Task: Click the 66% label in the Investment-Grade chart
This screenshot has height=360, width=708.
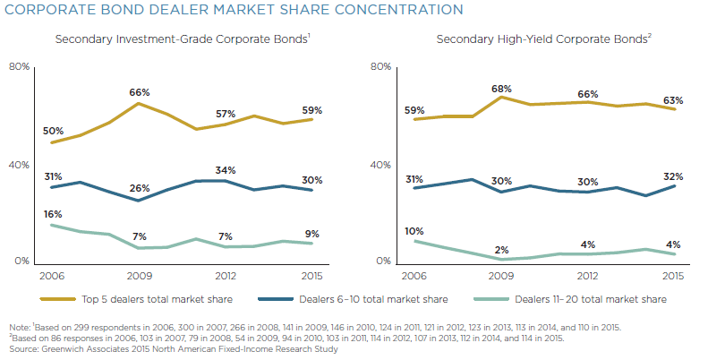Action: click(x=139, y=92)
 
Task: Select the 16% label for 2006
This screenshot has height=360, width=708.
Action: click(x=53, y=214)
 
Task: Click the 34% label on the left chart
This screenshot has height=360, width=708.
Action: click(x=226, y=170)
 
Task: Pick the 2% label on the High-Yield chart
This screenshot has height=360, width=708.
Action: click(x=502, y=249)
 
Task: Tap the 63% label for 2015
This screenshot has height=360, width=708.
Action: click(x=674, y=100)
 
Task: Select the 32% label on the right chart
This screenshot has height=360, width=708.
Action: click(x=674, y=176)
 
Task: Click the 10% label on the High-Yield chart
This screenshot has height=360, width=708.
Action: click(x=414, y=231)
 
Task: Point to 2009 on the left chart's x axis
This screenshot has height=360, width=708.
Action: click(x=139, y=276)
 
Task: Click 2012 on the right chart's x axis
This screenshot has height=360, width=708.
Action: click(x=588, y=276)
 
